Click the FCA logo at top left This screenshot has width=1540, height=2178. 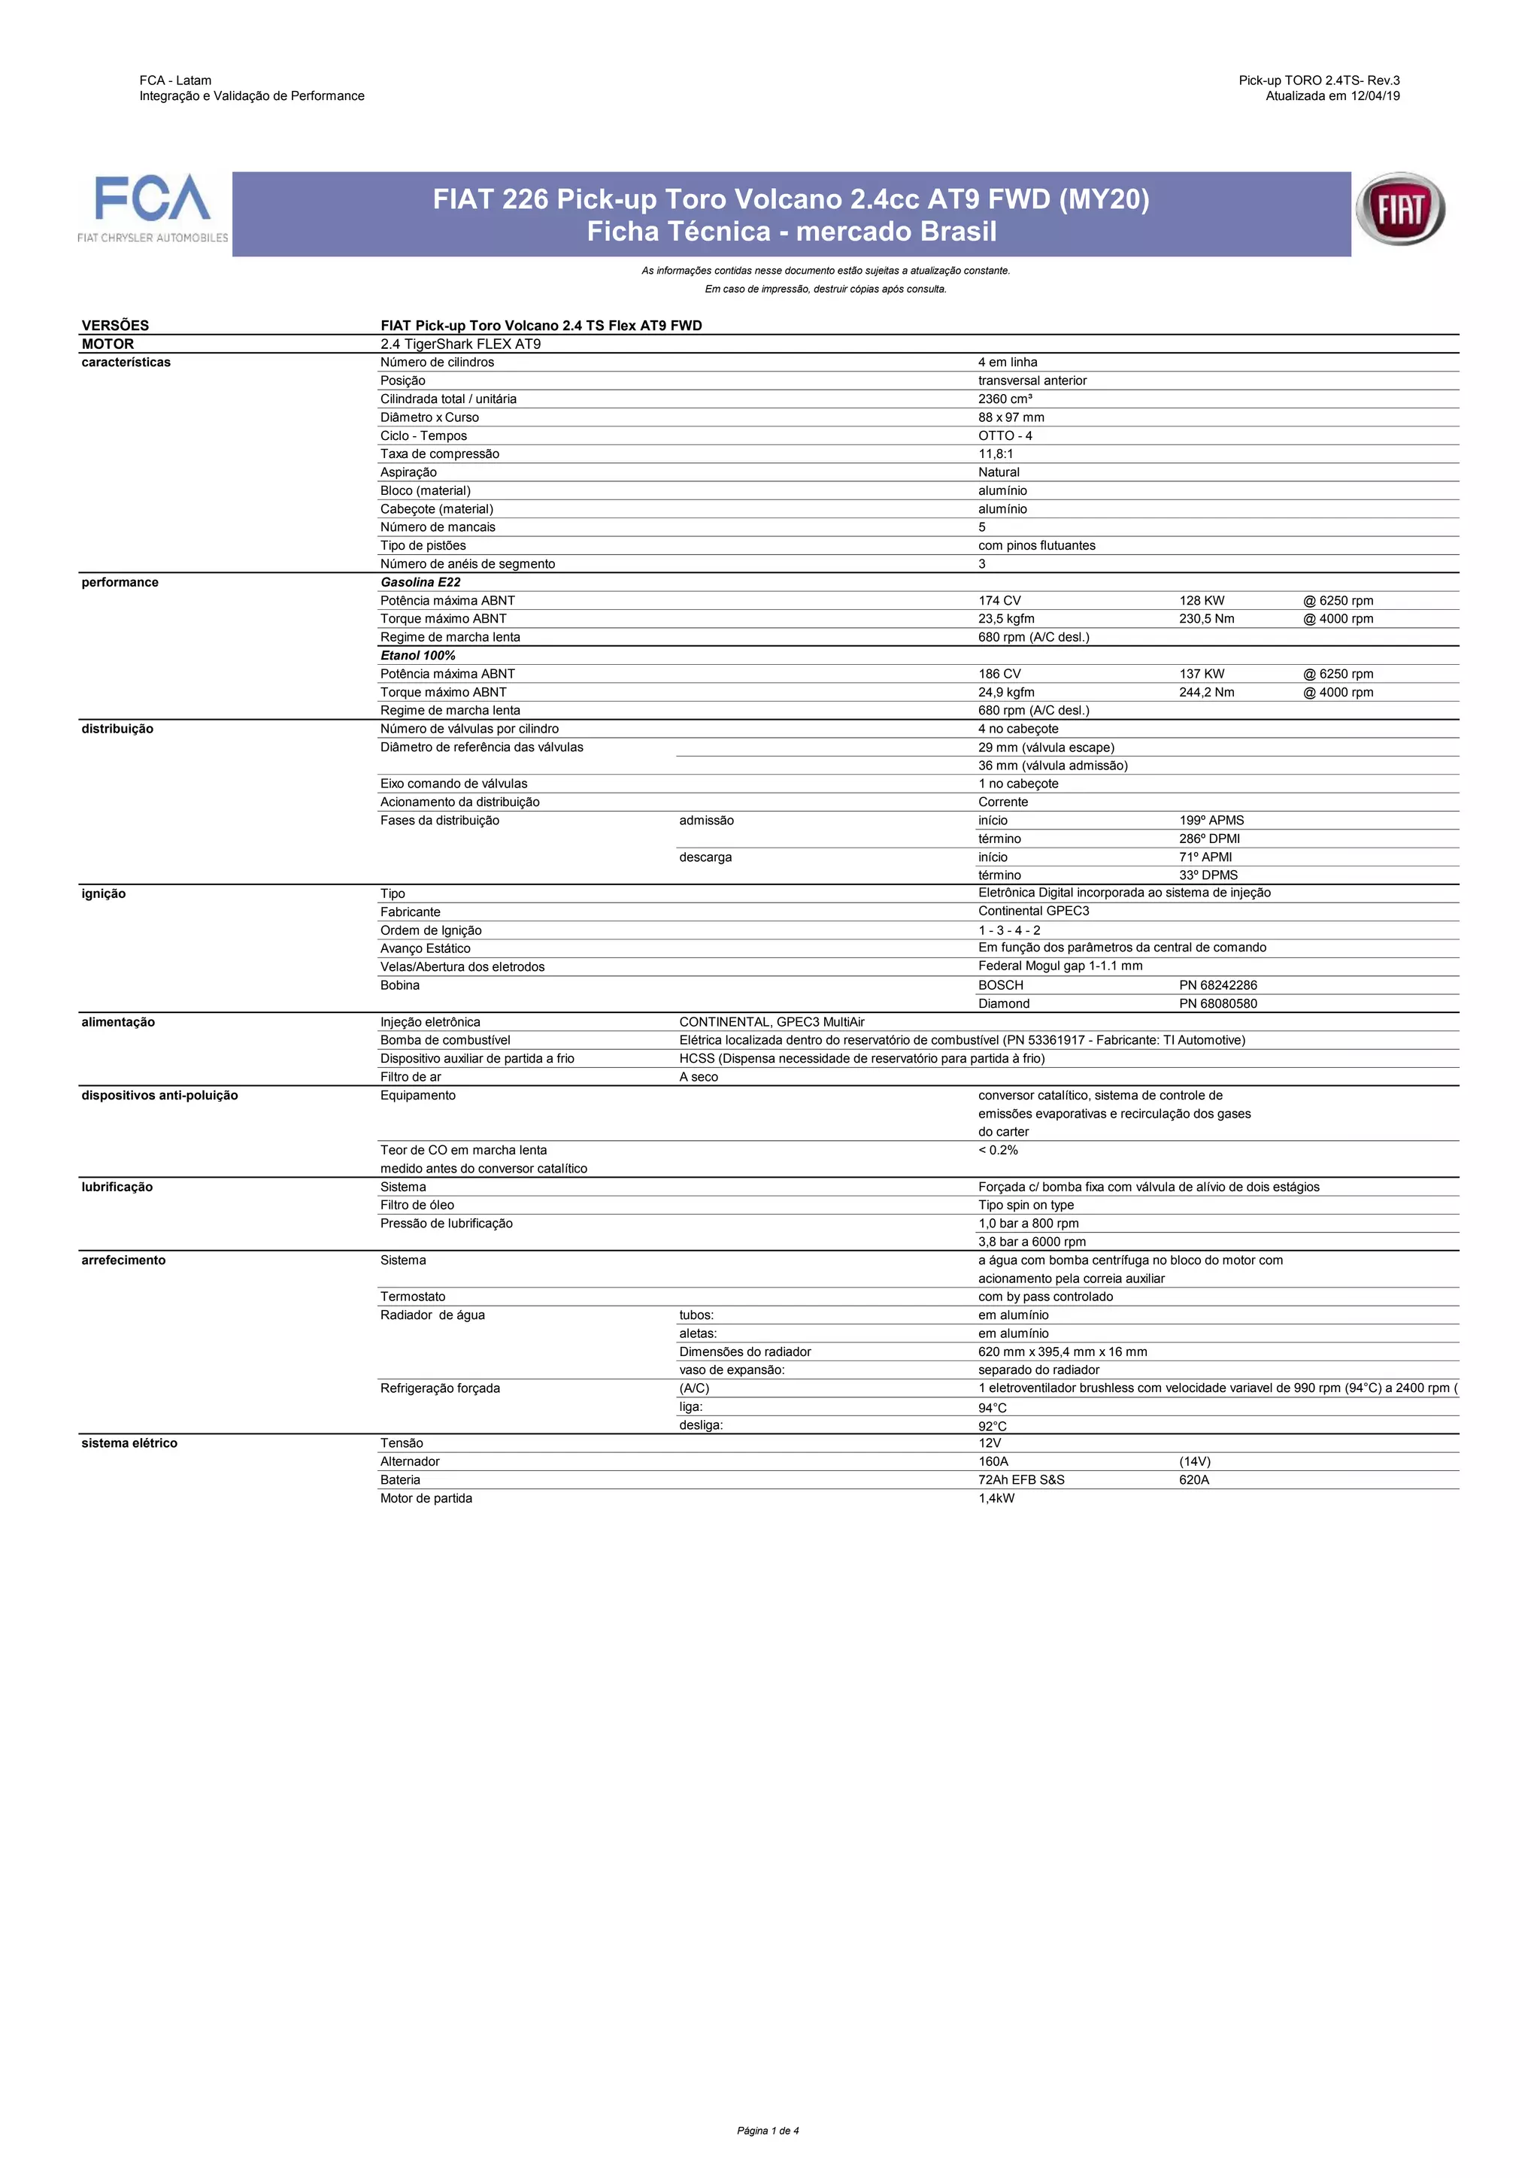coord(153,208)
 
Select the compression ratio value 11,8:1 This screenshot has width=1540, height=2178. coord(996,454)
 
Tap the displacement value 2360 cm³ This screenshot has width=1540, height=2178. coord(1005,399)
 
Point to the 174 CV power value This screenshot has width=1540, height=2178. coord(999,600)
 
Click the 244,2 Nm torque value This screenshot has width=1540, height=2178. coord(1206,693)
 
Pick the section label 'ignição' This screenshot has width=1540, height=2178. coord(103,893)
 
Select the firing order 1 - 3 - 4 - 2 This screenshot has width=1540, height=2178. coord(1009,930)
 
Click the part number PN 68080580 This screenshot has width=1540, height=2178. coord(1217,1003)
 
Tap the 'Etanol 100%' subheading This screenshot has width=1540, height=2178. coord(418,656)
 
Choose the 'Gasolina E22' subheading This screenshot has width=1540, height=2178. coord(420,582)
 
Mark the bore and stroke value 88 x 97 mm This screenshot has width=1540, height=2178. coord(1011,417)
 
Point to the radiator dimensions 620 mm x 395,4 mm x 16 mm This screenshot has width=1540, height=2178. coord(1062,1351)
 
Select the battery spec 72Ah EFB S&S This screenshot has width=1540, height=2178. coord(1021,1480)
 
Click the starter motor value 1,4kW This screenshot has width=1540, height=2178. coord(996,1499)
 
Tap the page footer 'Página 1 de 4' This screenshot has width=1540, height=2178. coord(768,2131)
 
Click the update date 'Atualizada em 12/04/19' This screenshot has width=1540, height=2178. coord(1332,96)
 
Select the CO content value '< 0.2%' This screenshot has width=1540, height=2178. coord(998,1150)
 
